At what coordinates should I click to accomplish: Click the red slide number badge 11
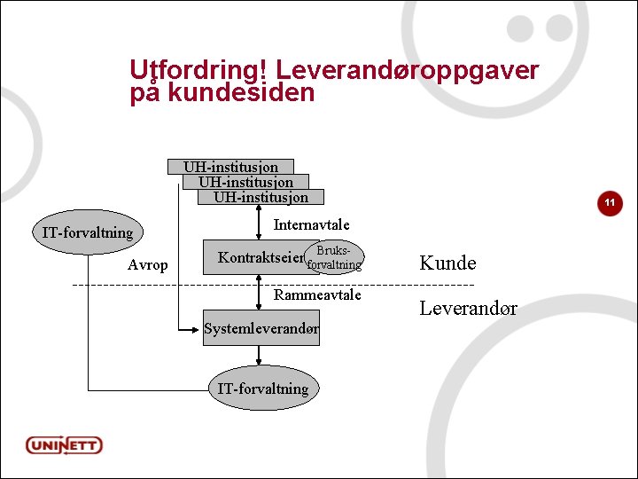pos(610,203)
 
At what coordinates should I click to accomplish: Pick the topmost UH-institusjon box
pos(230,167)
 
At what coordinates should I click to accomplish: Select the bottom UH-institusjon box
pos(261,197)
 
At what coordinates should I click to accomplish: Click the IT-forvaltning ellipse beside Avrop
pos(88,233)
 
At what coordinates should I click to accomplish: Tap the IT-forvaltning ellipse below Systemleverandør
pos(263,389)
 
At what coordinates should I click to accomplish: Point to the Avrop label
pos(147,264)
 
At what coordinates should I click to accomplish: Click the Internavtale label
pos(311,224)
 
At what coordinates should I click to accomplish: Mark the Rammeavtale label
pos(317,294)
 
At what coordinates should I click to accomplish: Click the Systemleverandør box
pos(261,329)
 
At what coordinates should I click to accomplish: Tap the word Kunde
pos(447,263)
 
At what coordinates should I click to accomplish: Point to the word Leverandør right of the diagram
pos(468,309)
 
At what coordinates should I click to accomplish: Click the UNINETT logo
pos(65,444)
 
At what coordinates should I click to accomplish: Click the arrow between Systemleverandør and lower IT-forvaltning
pos(259,356)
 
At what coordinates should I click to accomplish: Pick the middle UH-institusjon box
pos(245,182)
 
